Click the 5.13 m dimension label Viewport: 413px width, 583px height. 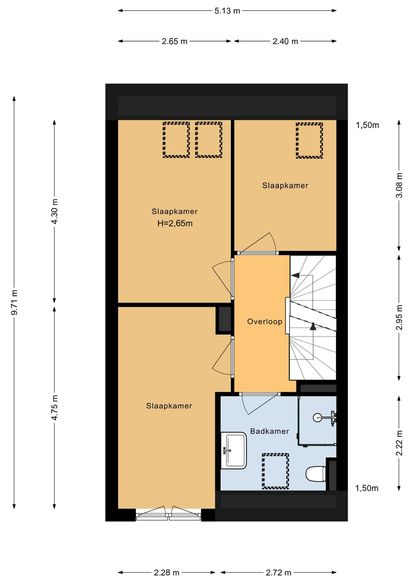pos(227,11)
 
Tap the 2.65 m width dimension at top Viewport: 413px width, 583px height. pos(174,42)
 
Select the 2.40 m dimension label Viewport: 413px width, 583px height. pos(285,42)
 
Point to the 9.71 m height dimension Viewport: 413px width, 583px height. pos(15,302)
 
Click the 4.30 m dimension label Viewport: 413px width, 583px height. pos(55,211)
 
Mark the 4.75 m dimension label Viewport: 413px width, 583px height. pos(55,408)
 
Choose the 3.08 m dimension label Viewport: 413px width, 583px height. pos(399,185)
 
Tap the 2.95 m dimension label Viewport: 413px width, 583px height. pos(399,317)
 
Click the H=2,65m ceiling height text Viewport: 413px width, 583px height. pos(175,224)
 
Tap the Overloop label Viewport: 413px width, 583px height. pos(265,322)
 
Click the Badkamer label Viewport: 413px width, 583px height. pos(269,431)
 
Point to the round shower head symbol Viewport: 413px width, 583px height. pos(317,418)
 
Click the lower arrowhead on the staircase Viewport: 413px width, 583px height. pos(313,326)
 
